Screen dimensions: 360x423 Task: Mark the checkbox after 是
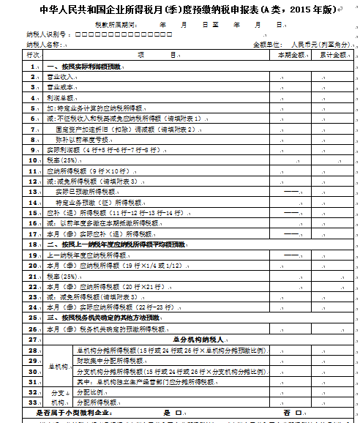pos(179,413)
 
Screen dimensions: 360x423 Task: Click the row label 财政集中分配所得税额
pos(110,361)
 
